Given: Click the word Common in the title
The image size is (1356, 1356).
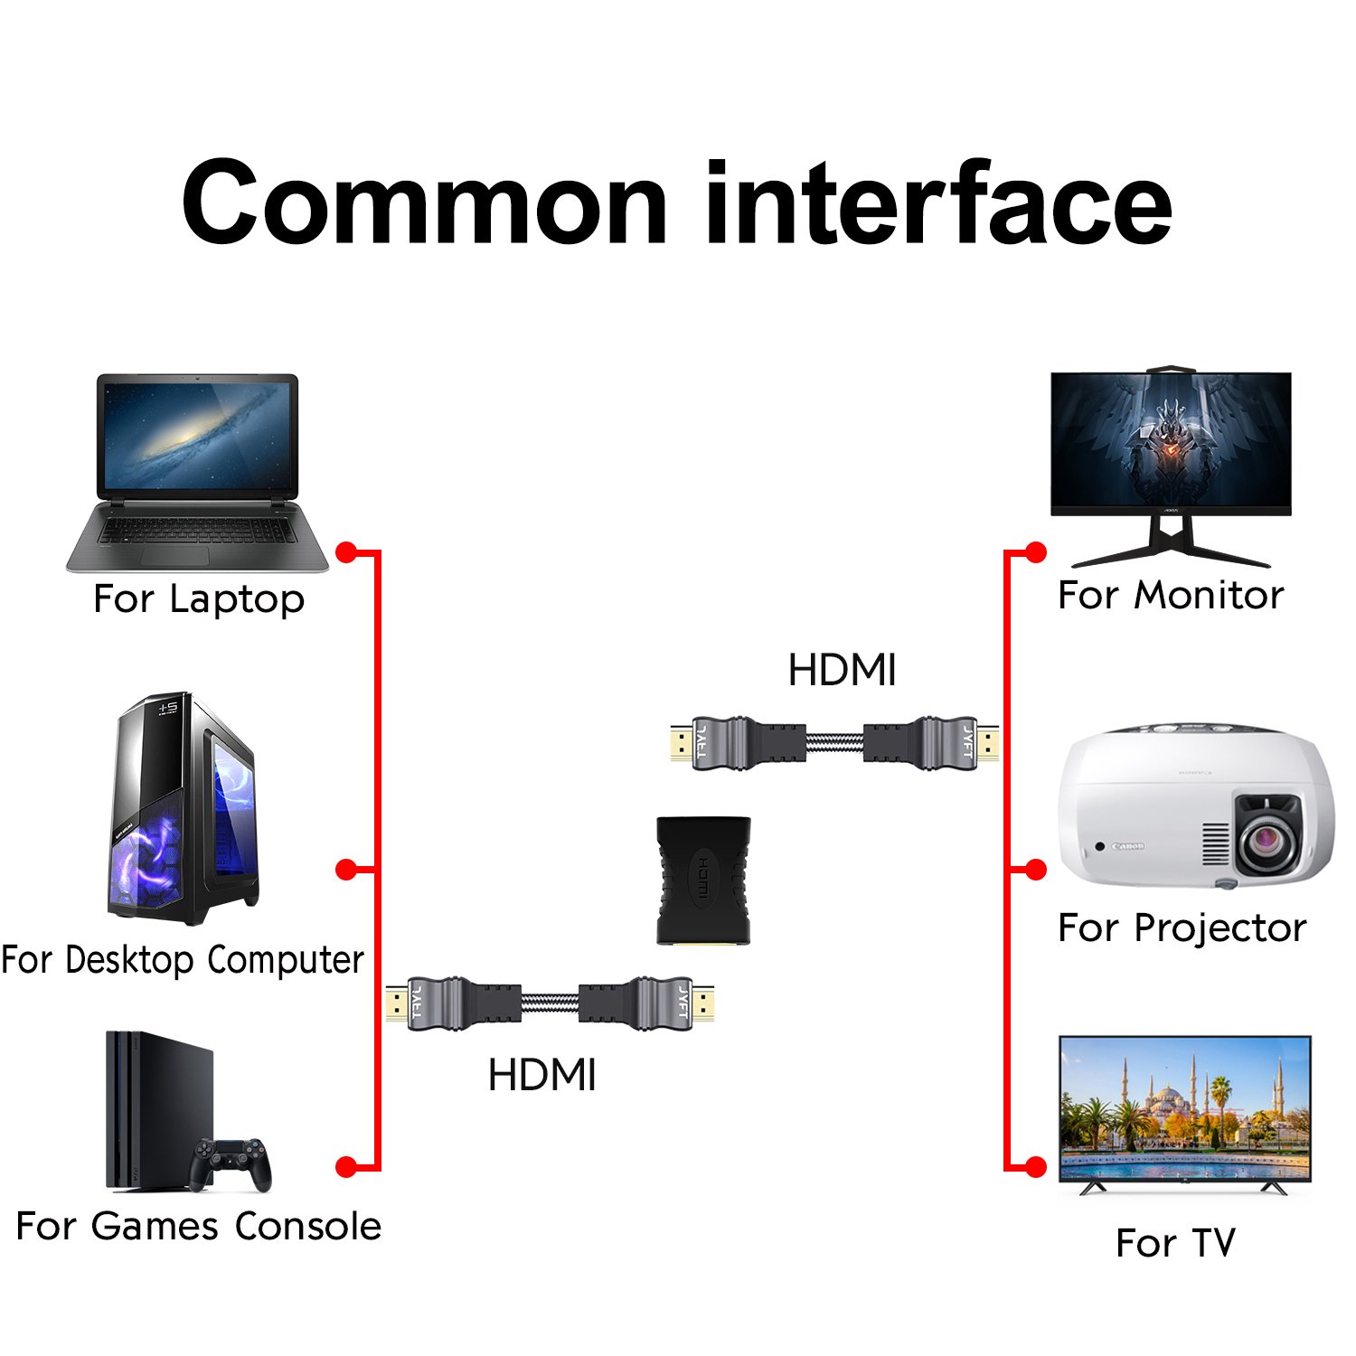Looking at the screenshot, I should pos(425,202).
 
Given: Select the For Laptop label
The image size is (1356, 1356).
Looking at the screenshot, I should pos(199,599).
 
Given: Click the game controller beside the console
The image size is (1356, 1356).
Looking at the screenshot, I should pos(231,1163).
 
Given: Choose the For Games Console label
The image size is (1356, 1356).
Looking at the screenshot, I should pos(199,1227).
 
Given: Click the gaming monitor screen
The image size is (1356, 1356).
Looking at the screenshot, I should pos(1171,443).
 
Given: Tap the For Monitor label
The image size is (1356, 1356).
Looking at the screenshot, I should pos(1171,596).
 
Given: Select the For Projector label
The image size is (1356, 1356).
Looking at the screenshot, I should pos(1182,928).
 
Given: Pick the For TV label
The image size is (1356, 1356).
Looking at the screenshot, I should pos(1175,1243).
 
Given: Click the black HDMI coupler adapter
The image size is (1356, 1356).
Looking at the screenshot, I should pos(703,880).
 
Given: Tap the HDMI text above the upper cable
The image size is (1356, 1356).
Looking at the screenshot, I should pos(842,671).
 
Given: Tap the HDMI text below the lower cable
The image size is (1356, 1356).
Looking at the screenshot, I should pos(541,1076).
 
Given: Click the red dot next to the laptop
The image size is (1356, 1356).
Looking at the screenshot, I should pos(346,551).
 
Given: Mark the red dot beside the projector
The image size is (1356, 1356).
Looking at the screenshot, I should pos(1036,870).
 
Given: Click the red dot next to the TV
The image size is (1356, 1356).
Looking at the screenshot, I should pos(1036,1167).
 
